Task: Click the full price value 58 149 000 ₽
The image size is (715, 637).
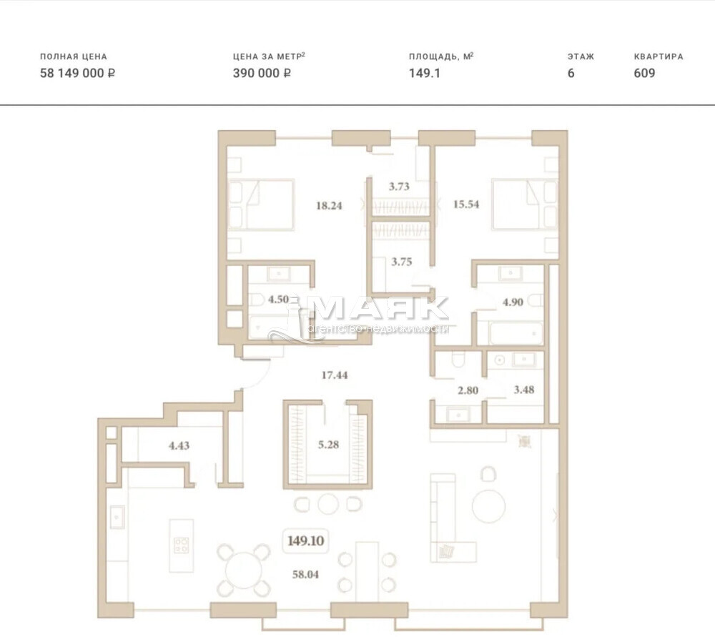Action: [77, 73]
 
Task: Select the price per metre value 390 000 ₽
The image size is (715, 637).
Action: [262, 73]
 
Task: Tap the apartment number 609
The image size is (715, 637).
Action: [644, 73]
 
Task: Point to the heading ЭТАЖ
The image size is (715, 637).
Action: [581, 57]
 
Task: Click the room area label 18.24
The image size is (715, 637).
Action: [329, 206]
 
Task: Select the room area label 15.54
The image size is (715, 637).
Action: [466, 204]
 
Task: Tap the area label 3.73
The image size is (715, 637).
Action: [399, 187]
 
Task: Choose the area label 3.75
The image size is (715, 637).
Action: [402, 262]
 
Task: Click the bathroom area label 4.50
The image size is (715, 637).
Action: [278, 300]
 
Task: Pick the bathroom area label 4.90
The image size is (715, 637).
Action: [513, 302]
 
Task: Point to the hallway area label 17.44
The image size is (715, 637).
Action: [334, 375]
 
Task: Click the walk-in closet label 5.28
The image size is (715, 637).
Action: [328, 444]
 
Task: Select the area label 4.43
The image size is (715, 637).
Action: [179, 445]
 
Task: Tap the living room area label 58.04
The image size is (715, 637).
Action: [305, 575]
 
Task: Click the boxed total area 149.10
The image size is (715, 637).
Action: [305, 540]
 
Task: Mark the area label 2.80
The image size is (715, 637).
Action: [468, 391]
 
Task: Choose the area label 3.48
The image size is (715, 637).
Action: [524, 390]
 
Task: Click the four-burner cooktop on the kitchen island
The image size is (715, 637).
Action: [181, 545]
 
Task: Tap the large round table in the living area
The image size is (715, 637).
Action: [489, 506]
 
